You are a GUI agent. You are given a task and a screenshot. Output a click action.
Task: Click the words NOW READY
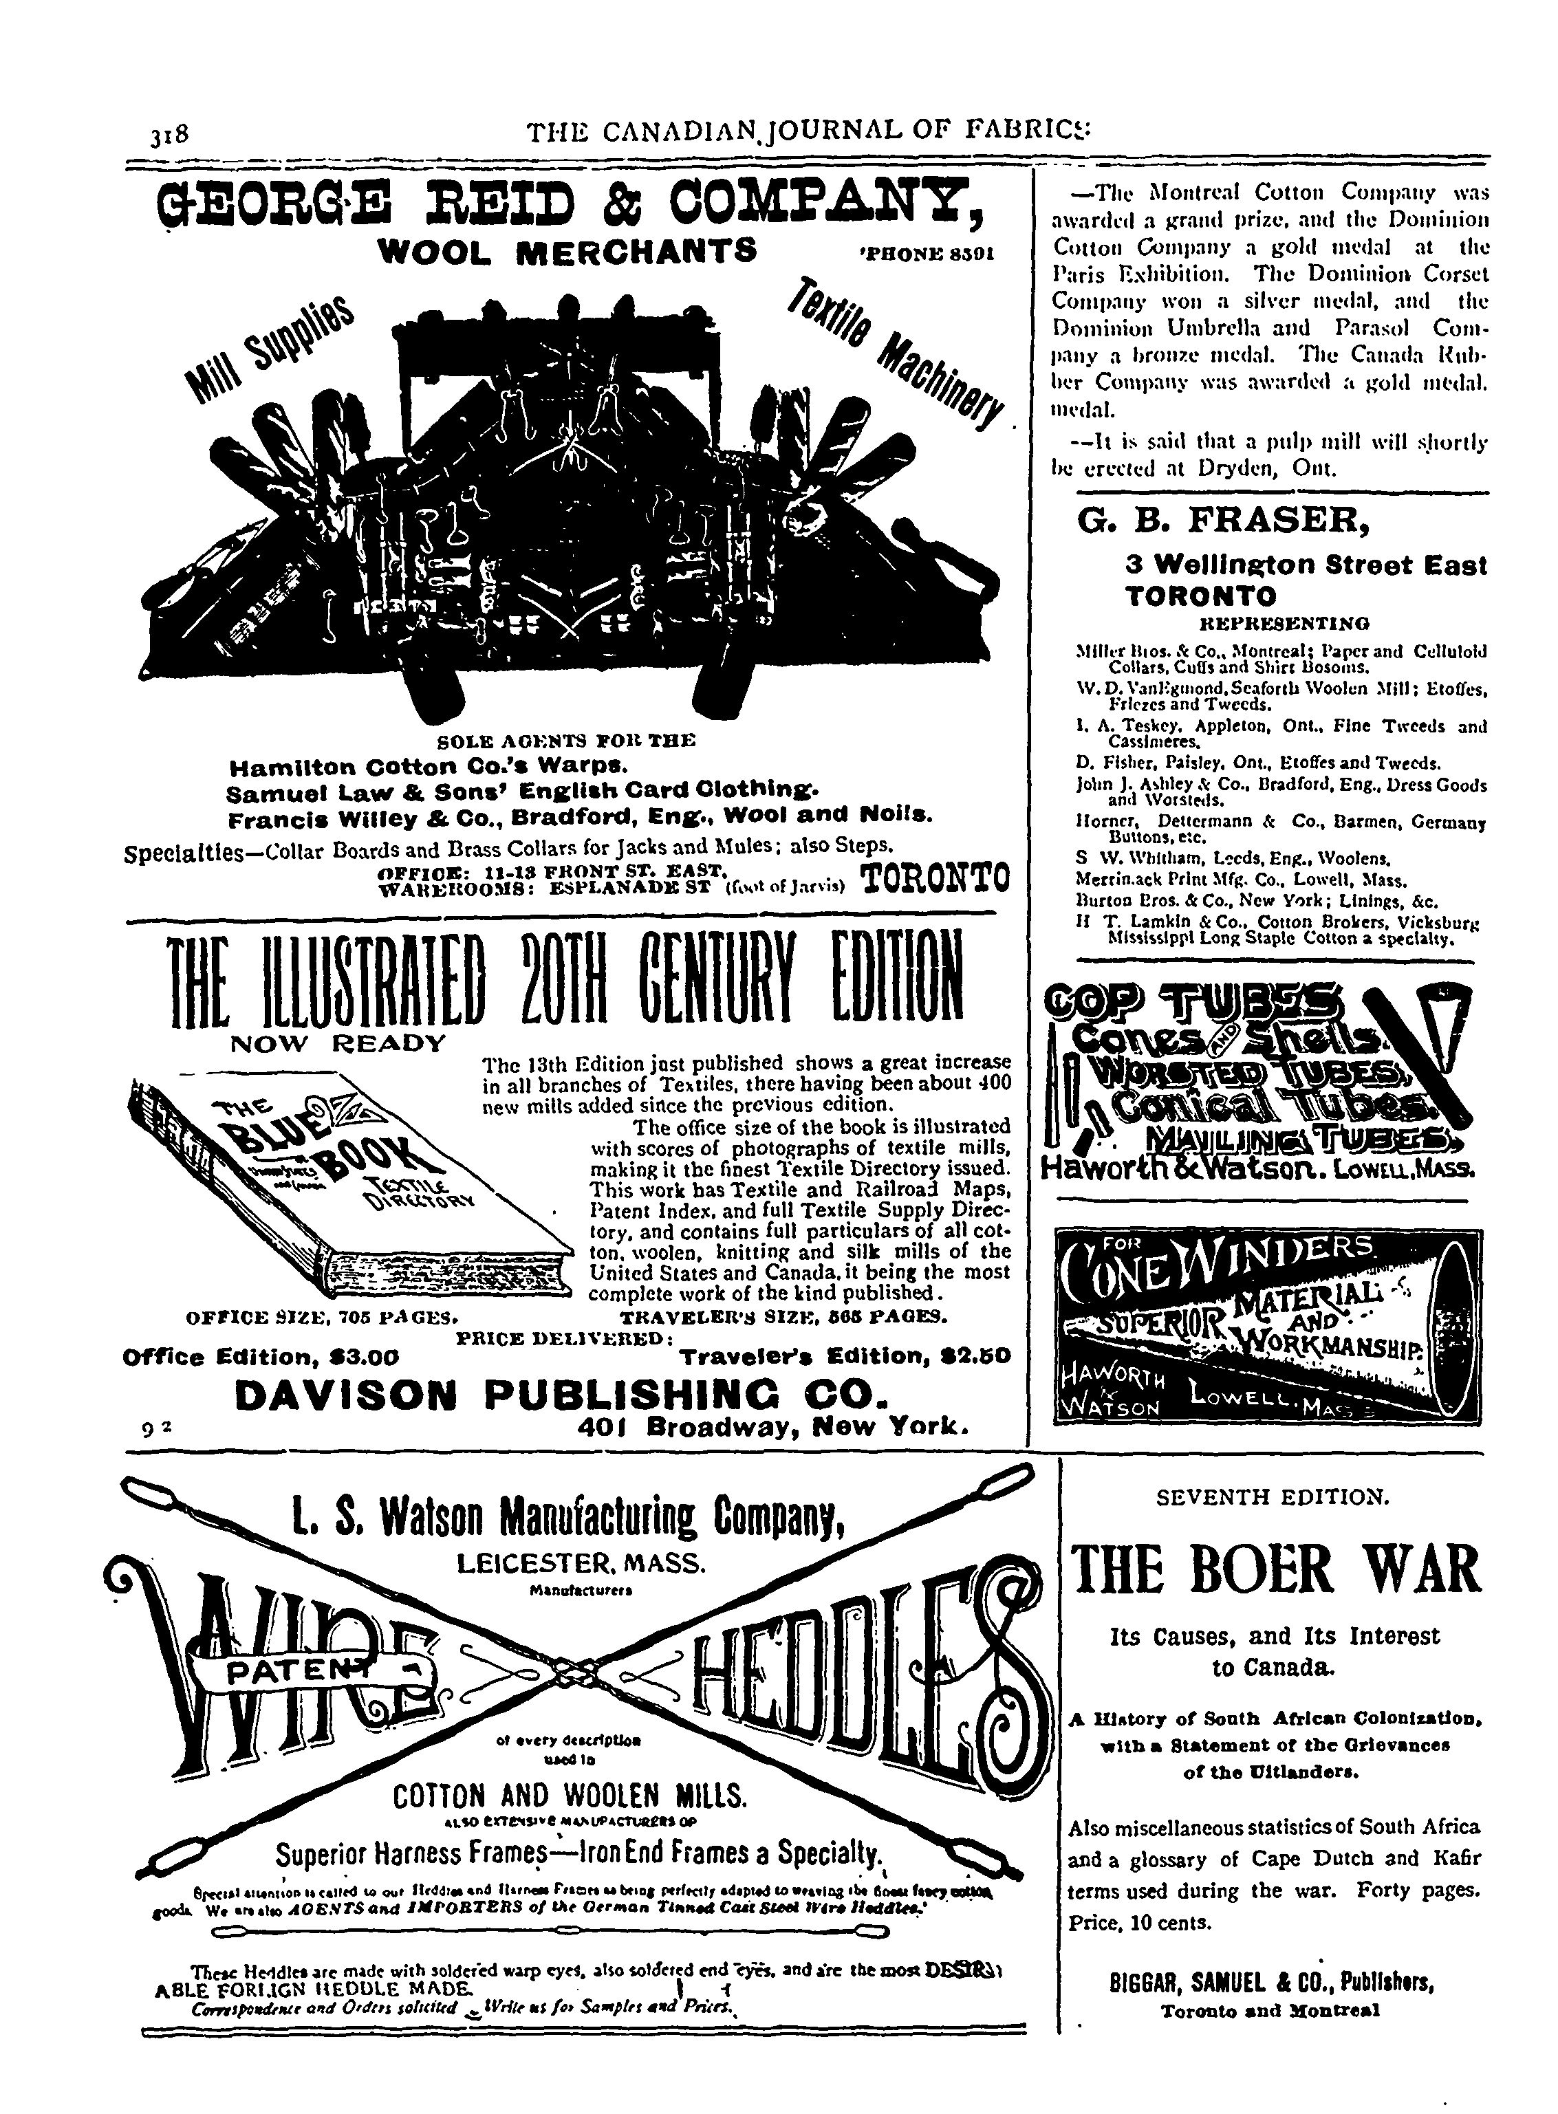(338, 1044)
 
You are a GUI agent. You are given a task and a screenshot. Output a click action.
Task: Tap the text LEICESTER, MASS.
(580, 1565)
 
